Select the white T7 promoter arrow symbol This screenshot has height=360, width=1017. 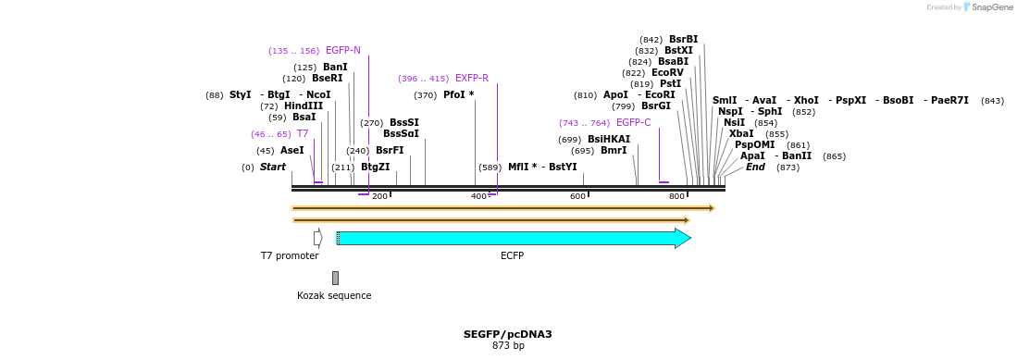[x=317, y=238]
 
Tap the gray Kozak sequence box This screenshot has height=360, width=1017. [x=335, y=278]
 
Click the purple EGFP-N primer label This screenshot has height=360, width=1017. [x=342, y=50]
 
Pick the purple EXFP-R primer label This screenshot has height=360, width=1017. [x=471, y=79]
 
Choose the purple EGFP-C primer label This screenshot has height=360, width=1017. [x=633, y=123]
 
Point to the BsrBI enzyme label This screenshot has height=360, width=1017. [x=683, y=40]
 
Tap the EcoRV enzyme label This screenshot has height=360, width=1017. [x=666, y=73]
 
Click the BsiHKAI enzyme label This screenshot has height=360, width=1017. [x=608, y=140]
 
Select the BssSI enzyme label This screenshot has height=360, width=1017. [x=403, y=123]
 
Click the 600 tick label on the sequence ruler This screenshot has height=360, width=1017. [x=577, y=196]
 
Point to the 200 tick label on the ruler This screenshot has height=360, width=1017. [x=379, y=196]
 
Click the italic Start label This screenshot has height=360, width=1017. [x=272, y=168]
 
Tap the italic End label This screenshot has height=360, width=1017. [x=755, y=168]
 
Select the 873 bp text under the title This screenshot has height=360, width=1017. [x=508, y=346]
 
